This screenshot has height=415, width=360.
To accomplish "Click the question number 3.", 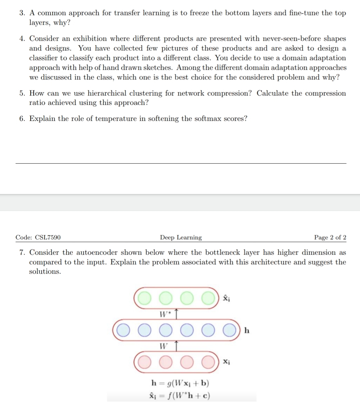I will (22, 13).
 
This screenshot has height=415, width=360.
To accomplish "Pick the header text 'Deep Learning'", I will (181, 238).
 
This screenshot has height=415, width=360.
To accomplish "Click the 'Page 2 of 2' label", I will (330, 238).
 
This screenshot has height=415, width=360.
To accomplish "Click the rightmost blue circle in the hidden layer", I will (229, 330).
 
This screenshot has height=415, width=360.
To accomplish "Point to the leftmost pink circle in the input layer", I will (145, 362).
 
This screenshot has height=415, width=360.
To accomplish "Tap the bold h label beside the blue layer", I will (247, 330).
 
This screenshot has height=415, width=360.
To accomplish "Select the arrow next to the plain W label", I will (177, 346).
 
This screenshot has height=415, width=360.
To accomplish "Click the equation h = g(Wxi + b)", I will (180, 383).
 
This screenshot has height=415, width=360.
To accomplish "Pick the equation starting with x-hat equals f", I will (180, 396).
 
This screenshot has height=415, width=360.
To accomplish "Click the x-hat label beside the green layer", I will (226, 298).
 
